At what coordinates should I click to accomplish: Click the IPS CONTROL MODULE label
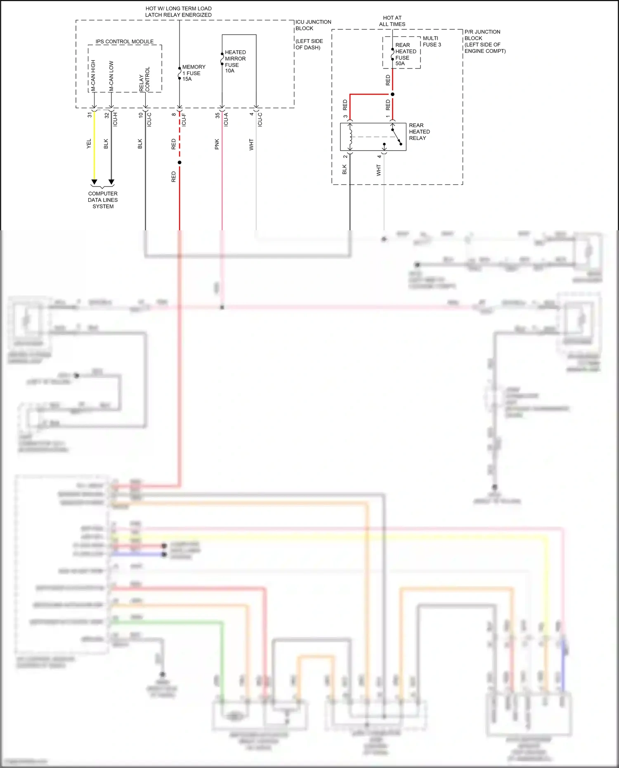click(124, 42)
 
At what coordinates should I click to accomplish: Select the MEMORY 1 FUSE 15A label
click(193, 73)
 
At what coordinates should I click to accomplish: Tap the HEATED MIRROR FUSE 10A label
click(235, 61)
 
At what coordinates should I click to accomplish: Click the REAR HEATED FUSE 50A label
click(405, 54)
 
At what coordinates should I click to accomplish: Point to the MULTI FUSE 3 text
click(432, 41)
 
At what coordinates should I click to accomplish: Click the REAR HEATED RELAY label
click(419, 132)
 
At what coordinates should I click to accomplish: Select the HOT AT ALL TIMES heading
click(392, 21)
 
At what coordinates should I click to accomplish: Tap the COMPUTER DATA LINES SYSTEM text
click(103, 200)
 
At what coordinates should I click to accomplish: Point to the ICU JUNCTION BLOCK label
click(313, 25)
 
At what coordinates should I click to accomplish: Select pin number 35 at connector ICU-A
click(217, 116)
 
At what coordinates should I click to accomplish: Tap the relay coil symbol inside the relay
click(350, 137)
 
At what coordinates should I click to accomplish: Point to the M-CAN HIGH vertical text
click(93, 75)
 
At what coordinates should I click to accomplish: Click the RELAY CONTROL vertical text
click(144, 79)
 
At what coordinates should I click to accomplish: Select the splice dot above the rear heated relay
click(392, 94)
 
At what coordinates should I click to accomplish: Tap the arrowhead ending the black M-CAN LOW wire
click(111, 182)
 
